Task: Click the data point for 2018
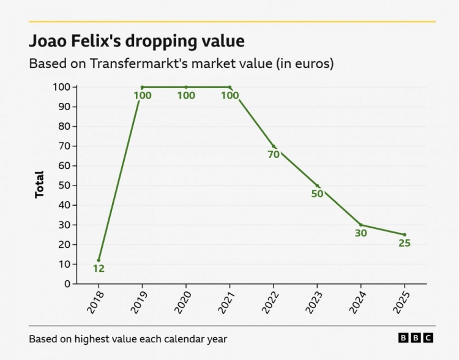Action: (x=99, y=260)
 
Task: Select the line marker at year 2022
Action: (x=274, y=146)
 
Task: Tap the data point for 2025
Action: (x=405, y=234)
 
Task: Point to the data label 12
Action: (x=99, y=269)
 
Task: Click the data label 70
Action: (x=274, y=154)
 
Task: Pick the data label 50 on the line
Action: (x=317, y=194)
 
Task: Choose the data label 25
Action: (x=405, y=243)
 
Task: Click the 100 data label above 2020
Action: (x=186, y=96)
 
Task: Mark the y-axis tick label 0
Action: (x=68, y=284)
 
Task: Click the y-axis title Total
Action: (x=40, y=184)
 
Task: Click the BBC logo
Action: (x=416, y=338)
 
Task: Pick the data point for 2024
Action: (x=361, y=225)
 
